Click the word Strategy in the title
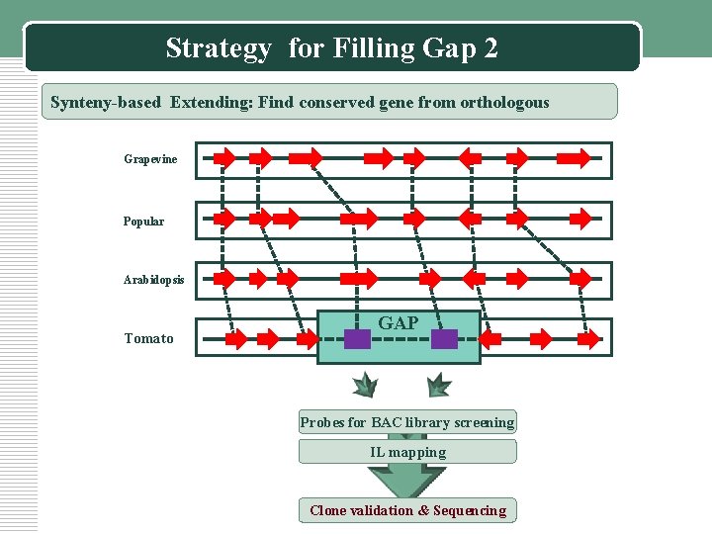[219, 47]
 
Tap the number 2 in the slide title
[491, 47]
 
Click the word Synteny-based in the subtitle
[107, 102]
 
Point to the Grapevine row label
[150, 159]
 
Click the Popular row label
[143, 221]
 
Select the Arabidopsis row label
[153, 280]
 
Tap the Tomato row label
[148, 339]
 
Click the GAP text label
[399, 323]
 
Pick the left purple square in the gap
[357, 339]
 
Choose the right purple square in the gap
[444, 339]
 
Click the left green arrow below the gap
[366, 385]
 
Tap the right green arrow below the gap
[438, 385]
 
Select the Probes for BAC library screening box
[407, 423]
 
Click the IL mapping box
[407, 453]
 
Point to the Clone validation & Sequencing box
[407, 510]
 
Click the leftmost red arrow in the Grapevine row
[225, 157]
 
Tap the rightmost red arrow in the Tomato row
[589, 339]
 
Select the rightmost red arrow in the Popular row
[584, 218]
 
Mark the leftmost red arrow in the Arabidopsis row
[226, 279]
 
